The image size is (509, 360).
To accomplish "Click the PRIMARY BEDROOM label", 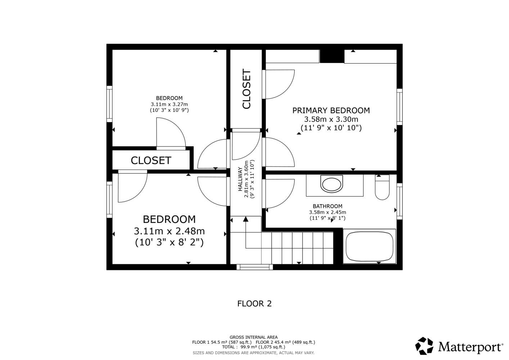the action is click(331, 111).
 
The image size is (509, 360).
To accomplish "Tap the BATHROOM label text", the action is click(328, 206).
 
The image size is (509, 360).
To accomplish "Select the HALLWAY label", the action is click(240, 179).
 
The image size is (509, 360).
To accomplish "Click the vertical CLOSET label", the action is click(247, 89).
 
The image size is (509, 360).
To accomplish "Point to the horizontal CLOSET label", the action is click(151, 161).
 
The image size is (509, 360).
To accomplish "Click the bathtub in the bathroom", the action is click(369, 246).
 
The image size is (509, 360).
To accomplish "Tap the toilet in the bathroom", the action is click(382, 187).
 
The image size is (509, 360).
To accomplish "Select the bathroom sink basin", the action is click(332, 184).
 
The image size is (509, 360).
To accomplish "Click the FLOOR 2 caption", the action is click(254, 303).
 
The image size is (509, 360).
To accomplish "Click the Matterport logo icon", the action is click(424, 346).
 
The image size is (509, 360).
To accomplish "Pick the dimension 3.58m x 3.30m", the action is click(331, 119).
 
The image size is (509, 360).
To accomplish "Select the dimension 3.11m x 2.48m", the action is click(169, 231).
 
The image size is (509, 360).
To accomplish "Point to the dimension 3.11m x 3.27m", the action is click(169, 104).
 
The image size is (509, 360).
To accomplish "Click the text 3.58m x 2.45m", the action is click(328, 212).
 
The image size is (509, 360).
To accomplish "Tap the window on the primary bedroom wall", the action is click(400, 107).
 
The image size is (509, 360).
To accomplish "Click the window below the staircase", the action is click(254, 267).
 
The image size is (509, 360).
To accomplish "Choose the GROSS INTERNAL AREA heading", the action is click(253, 337).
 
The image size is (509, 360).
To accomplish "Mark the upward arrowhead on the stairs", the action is click(246, 219).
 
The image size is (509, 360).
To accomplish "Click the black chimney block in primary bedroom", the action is click(332, 56).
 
